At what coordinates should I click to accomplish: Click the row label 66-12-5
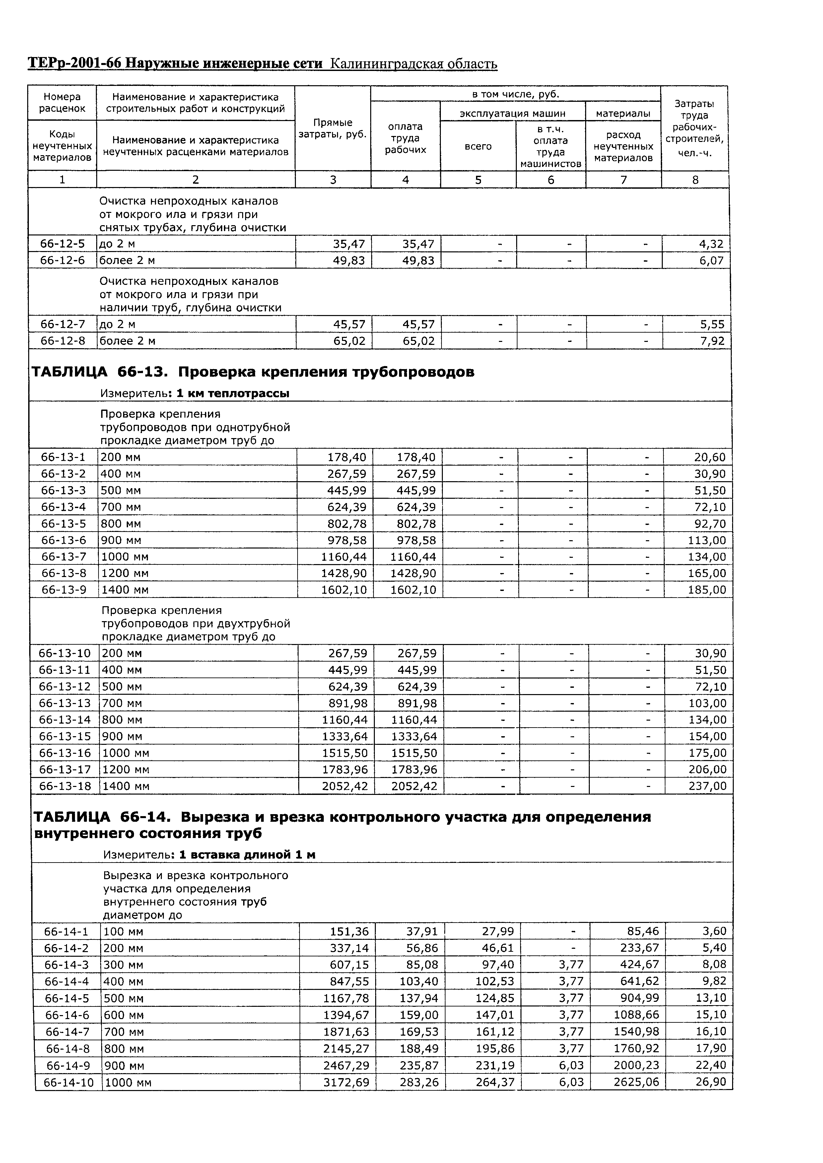tap(62, 244)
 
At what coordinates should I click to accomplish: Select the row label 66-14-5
tap(66, 999)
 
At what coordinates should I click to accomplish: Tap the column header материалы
tap(623, 113)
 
